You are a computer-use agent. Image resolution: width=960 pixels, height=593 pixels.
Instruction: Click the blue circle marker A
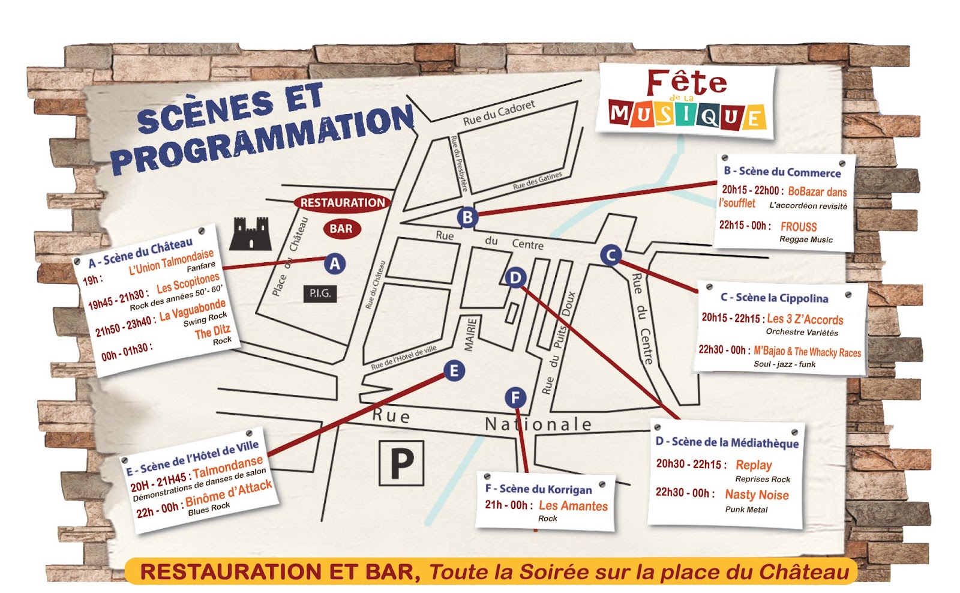[335, 263]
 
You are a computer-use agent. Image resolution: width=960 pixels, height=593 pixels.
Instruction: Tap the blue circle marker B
[467, 217]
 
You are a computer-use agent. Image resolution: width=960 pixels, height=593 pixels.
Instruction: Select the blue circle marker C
[611, 255]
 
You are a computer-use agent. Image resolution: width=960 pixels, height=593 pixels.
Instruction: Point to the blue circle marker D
[515, 278]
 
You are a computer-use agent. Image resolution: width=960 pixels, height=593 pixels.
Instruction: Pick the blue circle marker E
[454, 371]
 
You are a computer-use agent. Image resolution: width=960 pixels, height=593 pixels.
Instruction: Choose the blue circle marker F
[515, 397]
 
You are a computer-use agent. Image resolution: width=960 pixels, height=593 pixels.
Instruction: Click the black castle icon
[251, 233]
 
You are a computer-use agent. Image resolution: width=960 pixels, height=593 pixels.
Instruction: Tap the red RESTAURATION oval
[343, 203]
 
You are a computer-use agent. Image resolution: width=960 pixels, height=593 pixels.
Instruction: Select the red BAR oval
[341, 229]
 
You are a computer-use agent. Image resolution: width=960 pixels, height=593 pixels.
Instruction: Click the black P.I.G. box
[320, 293]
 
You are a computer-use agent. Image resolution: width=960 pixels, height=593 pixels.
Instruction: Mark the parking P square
[401, 463]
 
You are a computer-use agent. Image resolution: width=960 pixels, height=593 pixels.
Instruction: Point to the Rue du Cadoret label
[499, 113]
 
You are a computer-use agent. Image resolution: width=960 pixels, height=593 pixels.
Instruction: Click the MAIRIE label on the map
[470, 334]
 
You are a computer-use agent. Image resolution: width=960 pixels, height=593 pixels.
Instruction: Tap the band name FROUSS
[799, 227]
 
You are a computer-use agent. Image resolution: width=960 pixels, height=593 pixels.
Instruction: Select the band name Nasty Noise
[757, 495]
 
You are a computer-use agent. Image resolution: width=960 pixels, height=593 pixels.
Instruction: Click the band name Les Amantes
[573, 506]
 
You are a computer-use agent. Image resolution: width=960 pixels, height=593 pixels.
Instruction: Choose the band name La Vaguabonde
[193, 310]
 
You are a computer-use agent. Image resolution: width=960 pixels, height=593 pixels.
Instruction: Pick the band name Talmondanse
[228, 466]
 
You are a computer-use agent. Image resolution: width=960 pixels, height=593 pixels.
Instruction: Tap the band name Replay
[754, 465]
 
